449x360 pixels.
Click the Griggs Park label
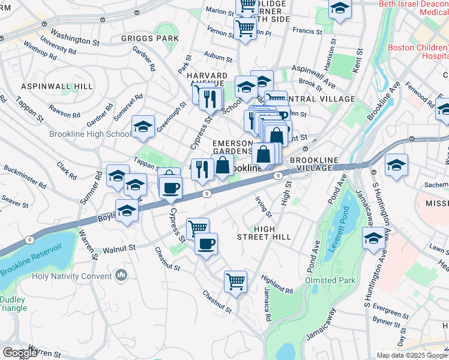pyautogui.click(x=149, y=38)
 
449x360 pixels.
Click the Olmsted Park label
pyautogui.click(x=330, y=280)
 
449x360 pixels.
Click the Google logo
pyautogui.click(x=20, y=352)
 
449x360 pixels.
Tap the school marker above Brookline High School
pyautogui.click(x=142, y=127)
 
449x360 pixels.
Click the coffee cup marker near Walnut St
pyautogui.click(x=206, y=244)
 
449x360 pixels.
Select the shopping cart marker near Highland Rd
pyautogui.click(x=235, y=281)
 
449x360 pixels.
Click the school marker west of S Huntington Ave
pyautogui.click(x=373, y=239)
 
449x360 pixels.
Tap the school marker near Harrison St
pyautogui.click(x=340, y=9)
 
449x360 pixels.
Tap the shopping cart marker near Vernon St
pyautogui.click(x=245, y=27)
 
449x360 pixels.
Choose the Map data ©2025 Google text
pyautogui.click(x=412, y=355)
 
